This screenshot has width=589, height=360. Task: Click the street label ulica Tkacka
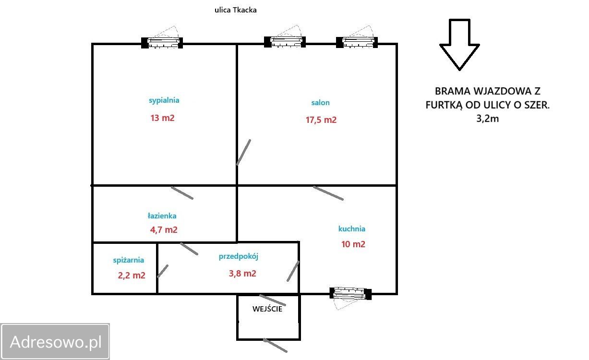click(x=236, y=10)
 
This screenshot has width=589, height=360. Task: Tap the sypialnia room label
click(x=164, y=100)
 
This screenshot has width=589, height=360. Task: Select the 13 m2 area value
click(x=163, y=118)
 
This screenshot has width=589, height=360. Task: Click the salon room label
click(x=320, y=103)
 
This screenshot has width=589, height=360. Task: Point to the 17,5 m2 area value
click(x=321, y=120)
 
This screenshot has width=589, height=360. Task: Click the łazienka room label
click(x=162, y=216)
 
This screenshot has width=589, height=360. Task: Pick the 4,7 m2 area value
click(x=164, y=230)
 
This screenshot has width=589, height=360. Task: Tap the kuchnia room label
click(x=352, y=229)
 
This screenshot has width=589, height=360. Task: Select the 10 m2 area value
click(x=353, y=244)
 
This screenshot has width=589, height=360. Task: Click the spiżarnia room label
click(x=129, y=260)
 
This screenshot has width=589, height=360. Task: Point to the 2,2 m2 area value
click(x=132, y=276)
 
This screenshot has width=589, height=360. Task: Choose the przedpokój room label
click(x=239, y=256)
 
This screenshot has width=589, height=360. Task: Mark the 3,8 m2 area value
click(x=242, y=274)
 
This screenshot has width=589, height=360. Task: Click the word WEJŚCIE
click(x=267, y=309)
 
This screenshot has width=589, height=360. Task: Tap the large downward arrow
click(x=459, y=45)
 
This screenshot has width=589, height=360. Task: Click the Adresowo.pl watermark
click(x=56, y=342)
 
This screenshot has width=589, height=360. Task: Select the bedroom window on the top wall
click(x=162, y=43)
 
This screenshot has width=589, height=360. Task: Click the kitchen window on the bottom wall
click(x=350, y=294)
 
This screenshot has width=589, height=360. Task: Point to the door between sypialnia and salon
click(x=243, y=153)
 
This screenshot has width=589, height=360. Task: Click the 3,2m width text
click(x=488, y=119)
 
